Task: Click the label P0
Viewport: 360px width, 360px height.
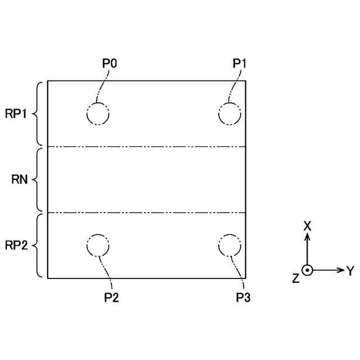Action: [x=110, y=64]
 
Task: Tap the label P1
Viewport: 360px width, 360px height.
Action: [x=240, y=64]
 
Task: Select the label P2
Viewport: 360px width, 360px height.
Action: [x=111, y=297]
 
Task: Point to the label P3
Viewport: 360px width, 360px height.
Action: [x=244, y=297]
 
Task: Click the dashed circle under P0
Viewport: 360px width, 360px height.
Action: [x=98, y=114]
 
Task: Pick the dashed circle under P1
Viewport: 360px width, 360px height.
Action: [x=229, y=114]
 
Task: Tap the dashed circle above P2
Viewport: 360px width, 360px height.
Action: [x=98, y=245]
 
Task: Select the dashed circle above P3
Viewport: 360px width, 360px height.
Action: [x=229, y=245]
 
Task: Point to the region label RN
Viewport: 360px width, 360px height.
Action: [x=20, y=180]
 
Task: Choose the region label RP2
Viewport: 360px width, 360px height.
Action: [x=16, y=246]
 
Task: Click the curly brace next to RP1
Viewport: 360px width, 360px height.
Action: [x=38, y=114]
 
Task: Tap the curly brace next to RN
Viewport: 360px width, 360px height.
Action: [x=38, y=180]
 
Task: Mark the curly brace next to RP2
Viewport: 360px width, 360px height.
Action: [x=38, y=246]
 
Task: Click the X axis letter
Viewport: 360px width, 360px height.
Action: [x=307, y=226]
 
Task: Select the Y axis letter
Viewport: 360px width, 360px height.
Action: [x=350, y=271]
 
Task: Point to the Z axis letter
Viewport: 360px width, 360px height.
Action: [x=296, y=278]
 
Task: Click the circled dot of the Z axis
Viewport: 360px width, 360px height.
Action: [x=307, y=270]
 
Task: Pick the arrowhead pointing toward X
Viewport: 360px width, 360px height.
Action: [x=307, y=237]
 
